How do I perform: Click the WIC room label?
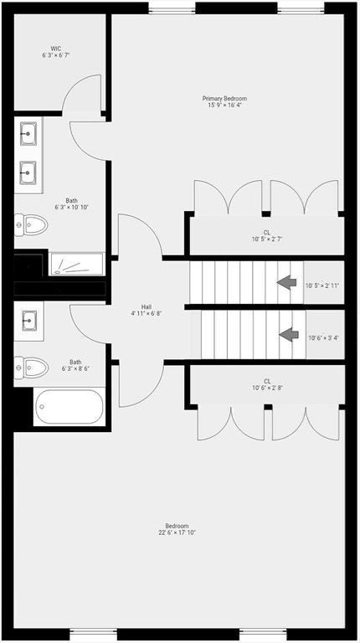click(x=56, y=49)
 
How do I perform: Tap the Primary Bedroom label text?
click(x=224, y=99)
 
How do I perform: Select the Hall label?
click(x=146, y=306)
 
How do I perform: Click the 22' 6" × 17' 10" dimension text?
click(x=177, y=532)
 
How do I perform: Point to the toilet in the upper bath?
click(x=31, y=224)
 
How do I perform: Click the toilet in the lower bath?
click(x=31, y=367)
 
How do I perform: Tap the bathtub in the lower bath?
click(x=69, y=407)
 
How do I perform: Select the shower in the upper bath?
click(x=77, y=264)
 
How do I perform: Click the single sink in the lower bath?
click(x=29, y=321)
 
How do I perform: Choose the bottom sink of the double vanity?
click(x=28, y=172)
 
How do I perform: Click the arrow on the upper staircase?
click(x=286, y=282)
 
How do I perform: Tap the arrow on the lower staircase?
click(x=289, y=334)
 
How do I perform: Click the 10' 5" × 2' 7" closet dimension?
click(x=267, y=239)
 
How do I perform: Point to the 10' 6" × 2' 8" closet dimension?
click(x=267, y=388)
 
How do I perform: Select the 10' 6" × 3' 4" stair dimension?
click(x=323, y=338)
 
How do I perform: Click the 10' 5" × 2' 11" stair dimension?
click(x=322, y=285)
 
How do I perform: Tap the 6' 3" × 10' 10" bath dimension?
click(x=72, y=208)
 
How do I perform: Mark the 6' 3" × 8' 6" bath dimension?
click(x=75, y=368)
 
